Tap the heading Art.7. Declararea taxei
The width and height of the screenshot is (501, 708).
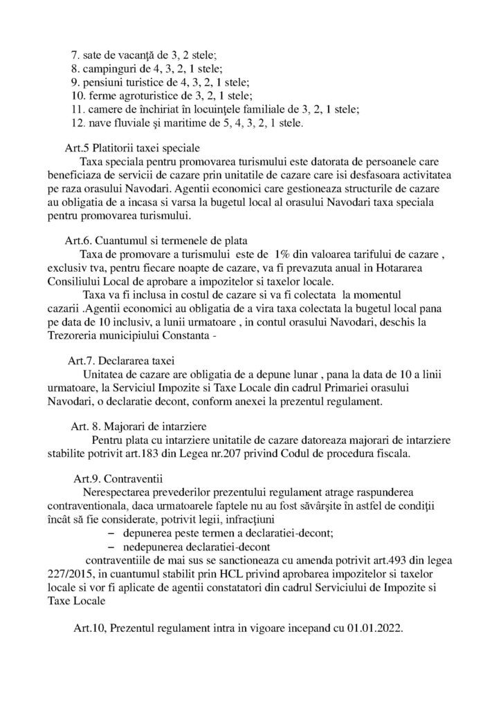point(122,360)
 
